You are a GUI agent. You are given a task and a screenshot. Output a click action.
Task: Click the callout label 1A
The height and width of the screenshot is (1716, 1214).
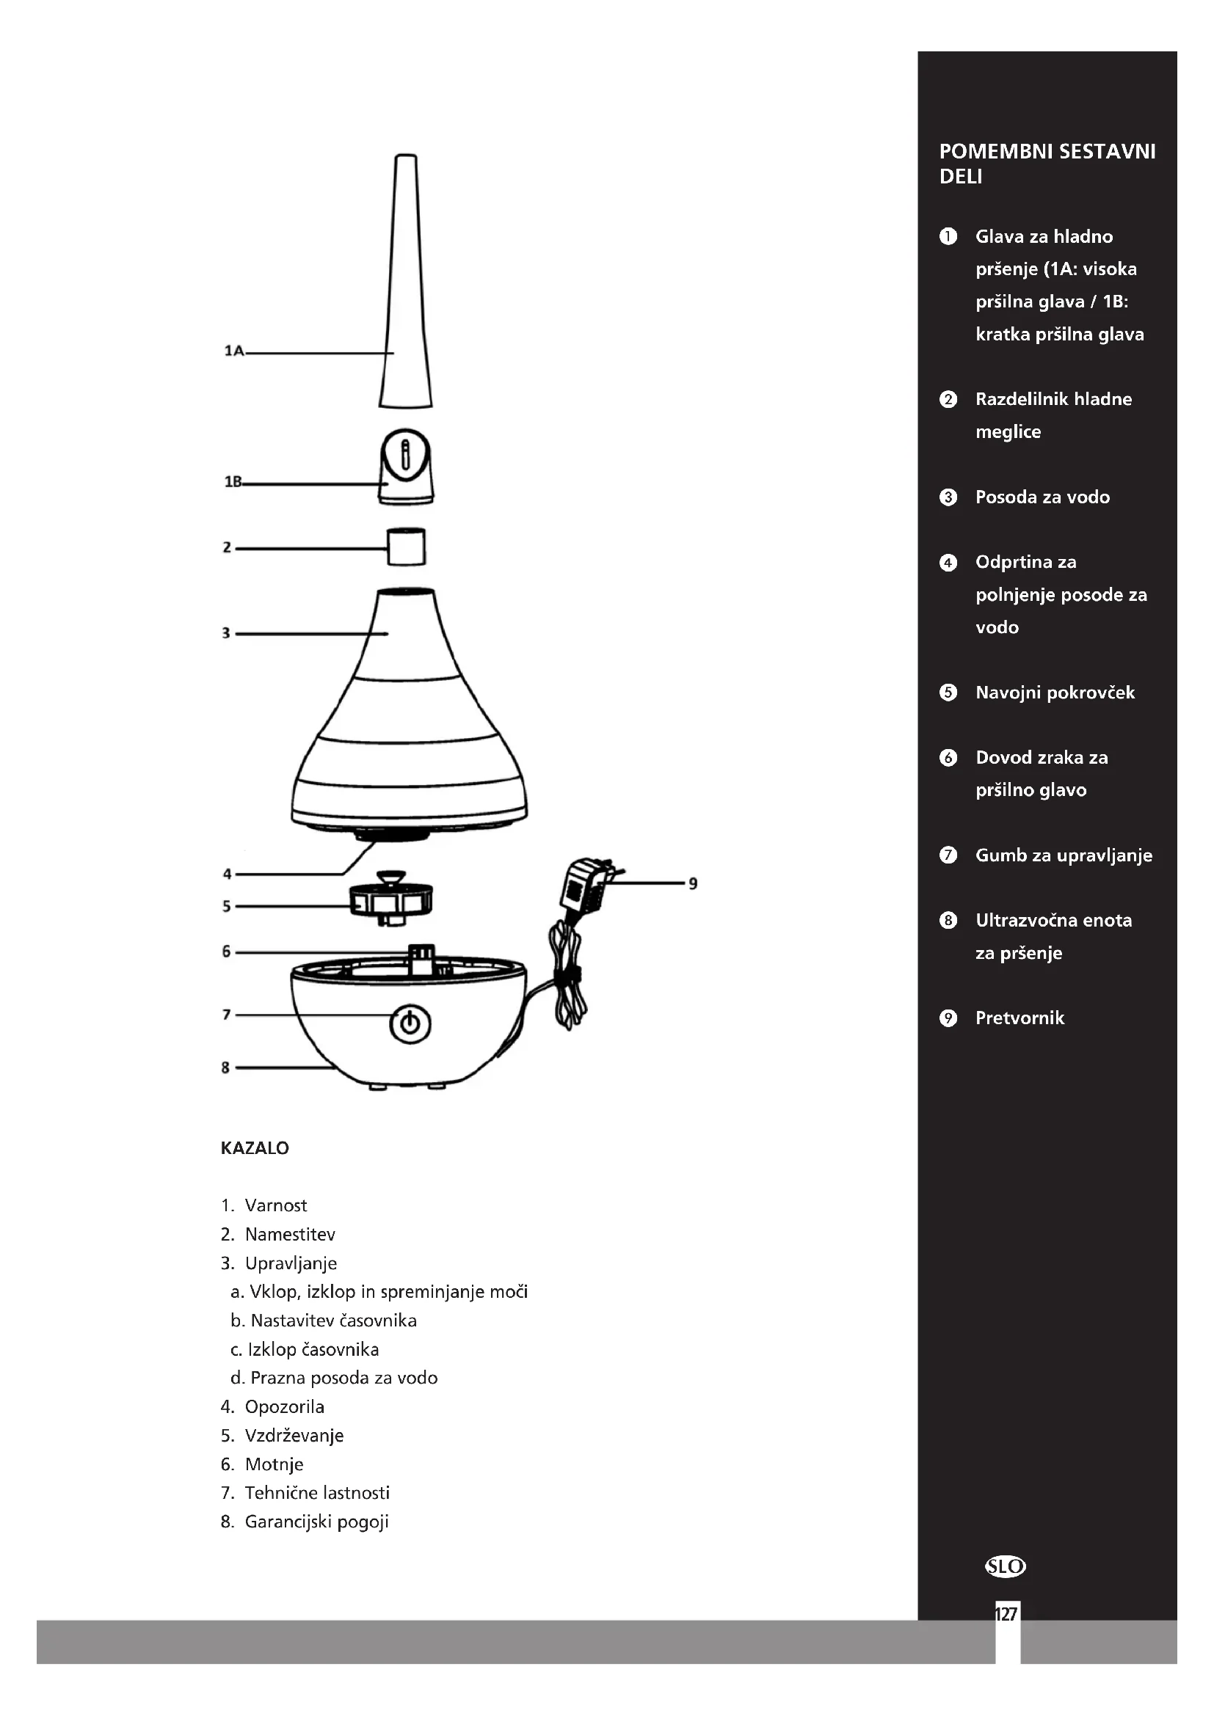click(234, 351)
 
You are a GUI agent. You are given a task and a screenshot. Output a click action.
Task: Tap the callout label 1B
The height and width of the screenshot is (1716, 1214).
click(233, 482)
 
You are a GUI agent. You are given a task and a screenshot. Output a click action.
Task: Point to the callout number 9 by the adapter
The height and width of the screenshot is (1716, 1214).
click(693, 883)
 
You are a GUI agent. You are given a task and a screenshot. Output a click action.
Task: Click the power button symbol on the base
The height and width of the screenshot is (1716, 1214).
click(410, 1023)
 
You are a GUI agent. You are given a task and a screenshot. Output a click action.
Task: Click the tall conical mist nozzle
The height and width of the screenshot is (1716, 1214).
click(405, 284)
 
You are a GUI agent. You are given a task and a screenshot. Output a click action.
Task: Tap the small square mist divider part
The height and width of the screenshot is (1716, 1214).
click(406, 547)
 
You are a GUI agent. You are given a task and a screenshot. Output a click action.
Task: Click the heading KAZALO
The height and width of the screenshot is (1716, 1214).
click(254, 1148)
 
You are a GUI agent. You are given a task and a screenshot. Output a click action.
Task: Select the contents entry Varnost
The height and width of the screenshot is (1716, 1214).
click(275, 1205)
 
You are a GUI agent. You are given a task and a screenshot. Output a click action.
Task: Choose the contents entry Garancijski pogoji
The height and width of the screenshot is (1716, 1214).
click(316, 1522)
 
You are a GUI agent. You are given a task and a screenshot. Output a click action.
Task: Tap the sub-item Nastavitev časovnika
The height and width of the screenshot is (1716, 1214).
click(332, 1321)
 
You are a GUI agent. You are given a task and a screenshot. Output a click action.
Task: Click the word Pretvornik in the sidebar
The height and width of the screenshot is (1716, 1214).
click(1019, 1018)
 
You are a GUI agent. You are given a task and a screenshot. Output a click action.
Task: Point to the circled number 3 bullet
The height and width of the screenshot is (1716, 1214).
click(948, 497)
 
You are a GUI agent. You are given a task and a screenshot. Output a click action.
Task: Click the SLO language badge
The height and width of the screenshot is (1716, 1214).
click(1006, 1566)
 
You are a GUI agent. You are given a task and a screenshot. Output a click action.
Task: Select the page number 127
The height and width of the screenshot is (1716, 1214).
click(1006, 1614)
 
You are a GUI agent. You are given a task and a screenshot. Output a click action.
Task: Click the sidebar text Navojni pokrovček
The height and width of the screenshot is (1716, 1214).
click(1055, 693)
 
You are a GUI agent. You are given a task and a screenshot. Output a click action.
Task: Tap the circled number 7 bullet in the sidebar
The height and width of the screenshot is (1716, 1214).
click(948, 855)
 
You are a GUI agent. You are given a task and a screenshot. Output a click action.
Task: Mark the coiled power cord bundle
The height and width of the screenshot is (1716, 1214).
click(567, 979)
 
